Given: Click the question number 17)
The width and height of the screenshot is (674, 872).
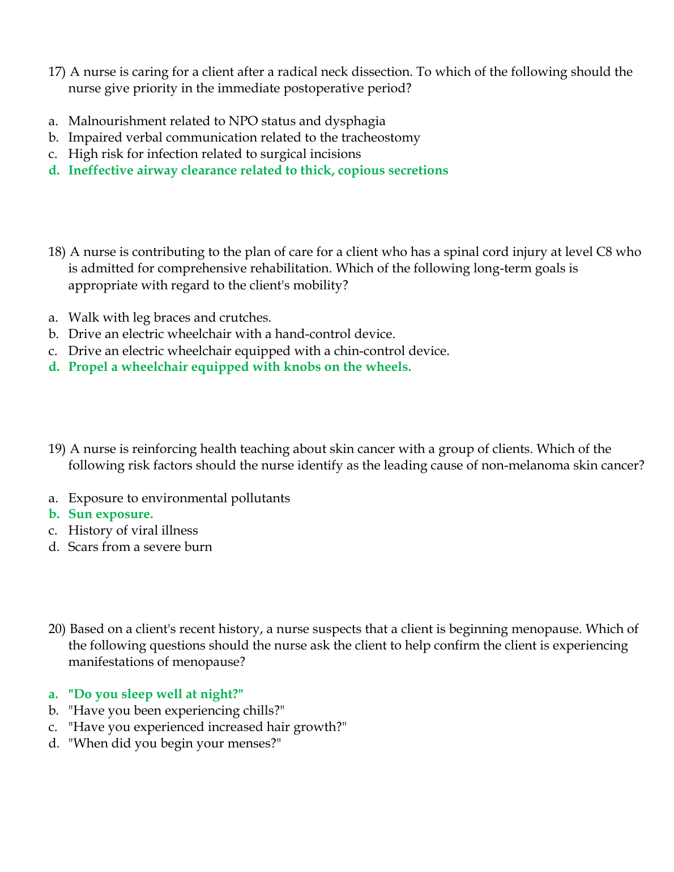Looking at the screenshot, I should pos(57,72).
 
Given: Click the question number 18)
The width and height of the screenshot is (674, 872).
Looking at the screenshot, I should pos(57,252).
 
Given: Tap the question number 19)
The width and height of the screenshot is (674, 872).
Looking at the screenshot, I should pos(57,449).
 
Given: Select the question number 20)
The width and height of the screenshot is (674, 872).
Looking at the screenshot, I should pos(57,629).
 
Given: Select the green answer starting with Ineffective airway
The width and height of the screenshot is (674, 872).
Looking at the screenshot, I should pos(258,170).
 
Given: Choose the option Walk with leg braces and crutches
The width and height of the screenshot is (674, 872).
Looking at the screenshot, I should pos(169,318).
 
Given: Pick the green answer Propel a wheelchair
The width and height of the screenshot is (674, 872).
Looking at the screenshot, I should pos(240,367).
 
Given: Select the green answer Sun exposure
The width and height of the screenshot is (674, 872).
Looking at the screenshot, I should pos(110,514).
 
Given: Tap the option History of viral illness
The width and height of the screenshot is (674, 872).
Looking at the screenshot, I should pos(133,531).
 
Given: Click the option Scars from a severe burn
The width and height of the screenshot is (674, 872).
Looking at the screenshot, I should pos(140,547).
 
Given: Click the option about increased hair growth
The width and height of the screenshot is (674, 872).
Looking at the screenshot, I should pos(207,727).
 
